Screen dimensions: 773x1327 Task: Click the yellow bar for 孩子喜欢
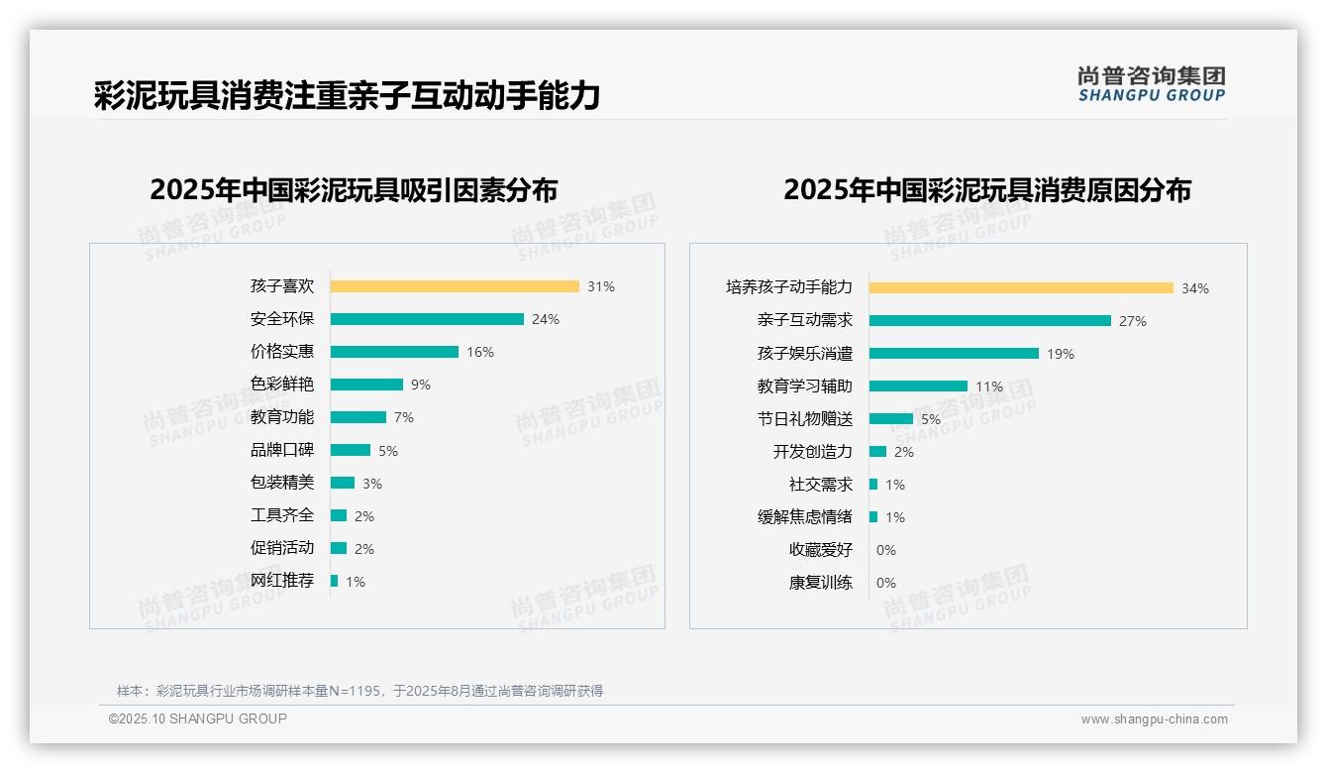[x=455, y=286]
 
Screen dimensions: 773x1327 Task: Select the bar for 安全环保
[x=427, y=319]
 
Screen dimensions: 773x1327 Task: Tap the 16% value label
[x=480, y=352]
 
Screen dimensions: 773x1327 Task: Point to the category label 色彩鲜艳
[x=282, y=385]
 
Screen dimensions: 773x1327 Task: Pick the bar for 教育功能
[x=358, y=417]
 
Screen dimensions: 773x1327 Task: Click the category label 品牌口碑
[x=282, y=450]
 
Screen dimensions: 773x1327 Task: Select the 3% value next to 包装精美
[x=371, y=484]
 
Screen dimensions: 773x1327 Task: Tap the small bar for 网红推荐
[x=335, y=581]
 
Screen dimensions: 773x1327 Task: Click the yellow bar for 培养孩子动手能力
[x=1021, y=288]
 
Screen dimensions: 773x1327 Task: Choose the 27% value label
[x=1133, y=321]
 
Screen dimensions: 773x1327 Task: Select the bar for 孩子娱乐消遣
[x=954, y=353]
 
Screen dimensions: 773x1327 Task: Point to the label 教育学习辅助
[x=804, y=386]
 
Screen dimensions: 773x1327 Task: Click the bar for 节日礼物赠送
[x=891, y=419]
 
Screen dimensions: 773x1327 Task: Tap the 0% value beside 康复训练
[x=886, y=583]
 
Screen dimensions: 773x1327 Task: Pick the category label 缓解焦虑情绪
[x=804, y=517]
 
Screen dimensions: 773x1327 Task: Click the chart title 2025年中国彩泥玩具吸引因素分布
[x=354, y=189]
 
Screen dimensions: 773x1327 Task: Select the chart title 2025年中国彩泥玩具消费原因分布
[x=986, y=189]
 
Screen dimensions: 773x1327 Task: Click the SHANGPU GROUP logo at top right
[x=1151, y=84]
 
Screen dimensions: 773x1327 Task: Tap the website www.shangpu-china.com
[x=1154, y=719]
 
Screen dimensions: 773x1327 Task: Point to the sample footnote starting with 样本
[x=359, y=691]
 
